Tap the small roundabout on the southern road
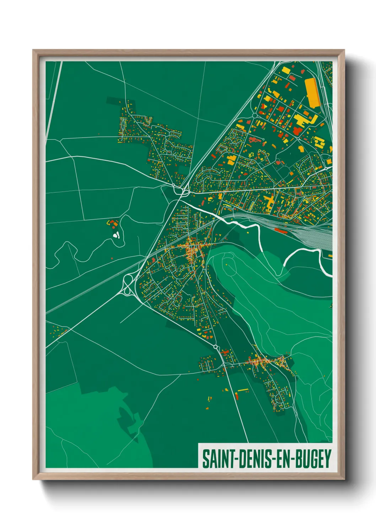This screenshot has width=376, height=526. click(x=215, y=347)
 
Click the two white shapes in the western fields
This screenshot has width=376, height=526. click(x=116, y=235)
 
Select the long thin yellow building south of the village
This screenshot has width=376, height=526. click(x=243, y=390)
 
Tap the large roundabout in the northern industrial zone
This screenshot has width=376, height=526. click(x=254, y=116)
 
